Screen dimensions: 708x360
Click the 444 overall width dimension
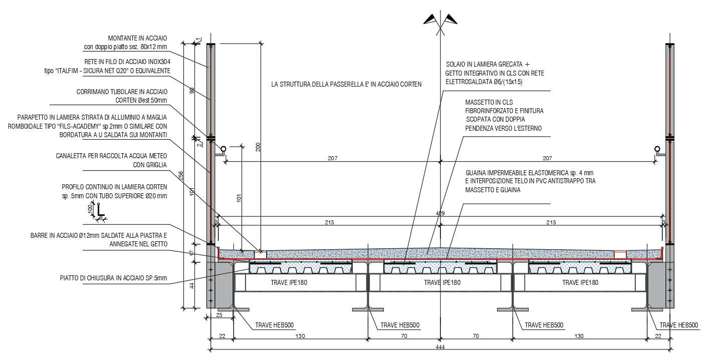coord(440,347)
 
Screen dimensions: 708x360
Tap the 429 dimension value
coord(440,213)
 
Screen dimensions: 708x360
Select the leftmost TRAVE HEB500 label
coord(275,325)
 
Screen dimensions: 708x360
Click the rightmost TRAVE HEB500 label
coord(678,325)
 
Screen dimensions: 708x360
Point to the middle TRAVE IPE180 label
coord(442,282)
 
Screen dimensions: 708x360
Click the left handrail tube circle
coord(223,149)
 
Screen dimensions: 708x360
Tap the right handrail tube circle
coord(657,149)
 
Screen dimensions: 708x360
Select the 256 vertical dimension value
coord(181,176)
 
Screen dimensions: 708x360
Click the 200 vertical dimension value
coord(258,147)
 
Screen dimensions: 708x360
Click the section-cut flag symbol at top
coord(440,22)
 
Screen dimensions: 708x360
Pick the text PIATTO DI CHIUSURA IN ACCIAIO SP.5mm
coord(113,278)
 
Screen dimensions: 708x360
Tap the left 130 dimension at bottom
coord(300,336)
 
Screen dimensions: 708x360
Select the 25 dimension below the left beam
coord(219,315)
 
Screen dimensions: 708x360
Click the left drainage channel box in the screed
coord(261,254)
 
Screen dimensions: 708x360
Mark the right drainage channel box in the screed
coord(620,254)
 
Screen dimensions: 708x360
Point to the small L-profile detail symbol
coord(99,212)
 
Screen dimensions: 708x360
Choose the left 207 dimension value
coord(333,158)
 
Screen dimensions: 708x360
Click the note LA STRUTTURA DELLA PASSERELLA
coord(346,84)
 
